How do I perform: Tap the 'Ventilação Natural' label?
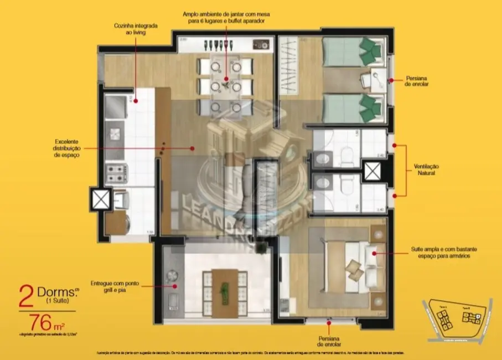click(426, 169)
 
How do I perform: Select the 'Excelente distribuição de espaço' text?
click(68, 148)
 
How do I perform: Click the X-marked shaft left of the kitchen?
click(101, 199)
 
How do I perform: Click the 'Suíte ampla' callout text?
click(440, 253)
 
